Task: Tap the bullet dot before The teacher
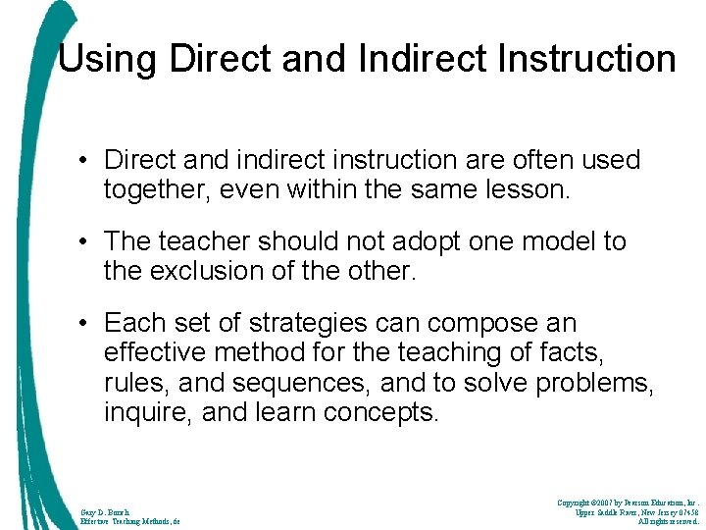coord(88,241)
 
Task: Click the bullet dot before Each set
coord(88,323)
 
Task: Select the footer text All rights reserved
coord(667,521)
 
